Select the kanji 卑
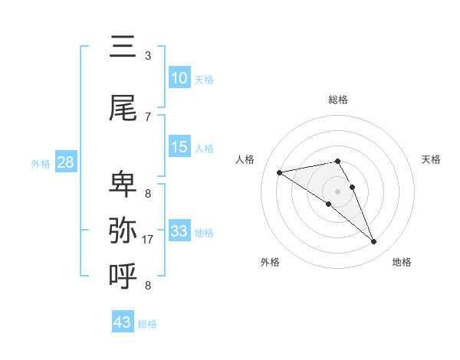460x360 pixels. pos(123,185)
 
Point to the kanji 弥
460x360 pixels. pos(123,230)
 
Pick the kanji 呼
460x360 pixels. pos(123,274)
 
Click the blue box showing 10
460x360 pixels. pos(179,78)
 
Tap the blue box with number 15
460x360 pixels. pos(179,147)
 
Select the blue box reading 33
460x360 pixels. pos(179,231)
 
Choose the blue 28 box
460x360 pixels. pos(65,162)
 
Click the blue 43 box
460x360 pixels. pos(123,322)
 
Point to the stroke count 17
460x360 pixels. pos(149,239)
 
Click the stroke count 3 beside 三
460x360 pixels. pos(148,55)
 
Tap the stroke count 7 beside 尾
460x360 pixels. pos(148,116)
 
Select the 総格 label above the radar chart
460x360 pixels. pos(338,100)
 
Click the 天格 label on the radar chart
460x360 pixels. pos(432,159)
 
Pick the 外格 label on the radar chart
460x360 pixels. pos(270,262)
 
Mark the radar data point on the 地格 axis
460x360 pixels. pos(374,242)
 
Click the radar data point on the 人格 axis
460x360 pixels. pos(279,172)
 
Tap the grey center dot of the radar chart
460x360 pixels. pos(337,191)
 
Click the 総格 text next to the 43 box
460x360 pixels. pos(147,324)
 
